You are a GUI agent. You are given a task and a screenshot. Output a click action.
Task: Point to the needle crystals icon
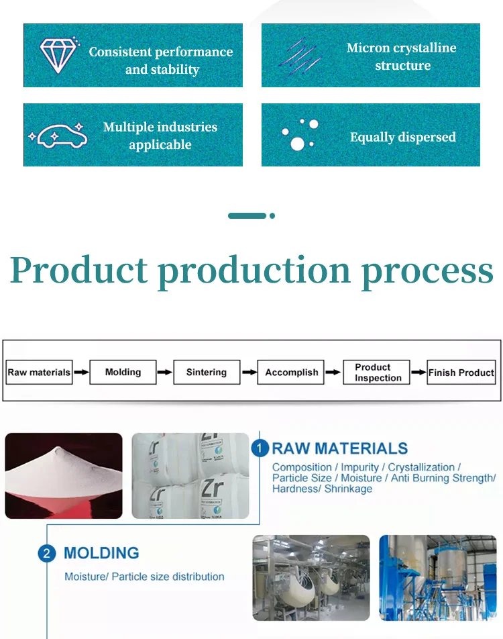click(x=301, y=56)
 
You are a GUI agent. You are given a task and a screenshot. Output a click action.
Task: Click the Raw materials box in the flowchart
click(x=39, y=373)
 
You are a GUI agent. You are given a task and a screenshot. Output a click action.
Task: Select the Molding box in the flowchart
click(x=123, y=372)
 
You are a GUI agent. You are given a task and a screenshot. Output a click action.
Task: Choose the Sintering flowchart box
click(x=207, y=372)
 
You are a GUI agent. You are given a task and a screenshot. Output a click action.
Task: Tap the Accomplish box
click(x=291, y=372)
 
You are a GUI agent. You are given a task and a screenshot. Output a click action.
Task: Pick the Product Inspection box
click(x=377, y=372)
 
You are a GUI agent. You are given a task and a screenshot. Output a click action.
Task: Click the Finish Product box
click(x=461, y=373)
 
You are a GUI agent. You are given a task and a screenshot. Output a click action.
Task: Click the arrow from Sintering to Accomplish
click(x=249, y=372)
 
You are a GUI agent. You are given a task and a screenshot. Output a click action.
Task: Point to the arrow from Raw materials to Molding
click(x=80, y=372)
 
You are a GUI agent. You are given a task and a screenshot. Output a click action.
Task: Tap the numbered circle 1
click(x=260, y=449)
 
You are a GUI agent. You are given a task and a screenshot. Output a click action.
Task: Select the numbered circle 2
click(x=46, y=554)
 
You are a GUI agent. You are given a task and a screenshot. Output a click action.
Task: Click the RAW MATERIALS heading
click(x=339, y=448)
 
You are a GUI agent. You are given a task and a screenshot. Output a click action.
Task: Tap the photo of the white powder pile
click(x=64, y=475)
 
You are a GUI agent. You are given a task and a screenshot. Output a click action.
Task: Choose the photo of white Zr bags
click(x=190, y=475)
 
